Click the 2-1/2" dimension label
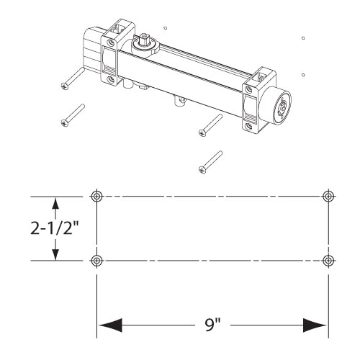(x=55, y=228)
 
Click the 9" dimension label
(x=213, y=325)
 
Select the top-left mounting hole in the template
(x=96, y=197)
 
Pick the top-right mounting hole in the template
(x=328, y=197)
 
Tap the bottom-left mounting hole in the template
(x=96, y=261)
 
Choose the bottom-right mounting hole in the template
(x=328, y=261)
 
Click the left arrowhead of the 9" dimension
(x=110, y=325)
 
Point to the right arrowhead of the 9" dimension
(x=315, y=325)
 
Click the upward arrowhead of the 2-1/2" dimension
(x=55, y=204)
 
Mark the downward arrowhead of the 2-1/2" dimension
(x=55, y=254)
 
